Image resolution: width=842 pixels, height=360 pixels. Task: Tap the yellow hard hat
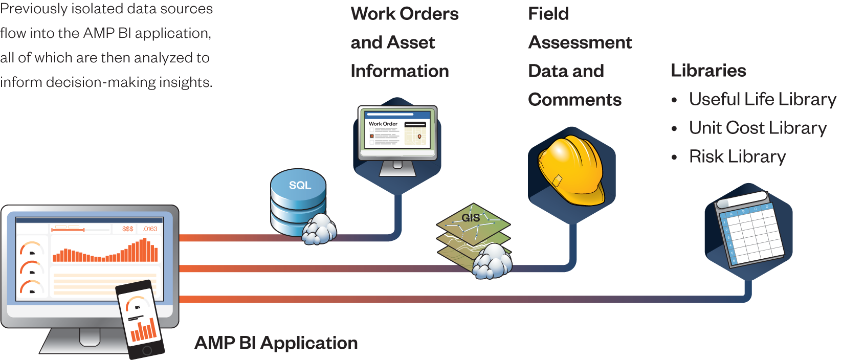pos(570,171)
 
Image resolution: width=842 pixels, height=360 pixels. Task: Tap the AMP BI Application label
pos(276,343)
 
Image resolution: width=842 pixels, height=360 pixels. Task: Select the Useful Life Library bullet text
pos(762,99)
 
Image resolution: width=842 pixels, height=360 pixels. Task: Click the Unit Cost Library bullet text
pos(758,128)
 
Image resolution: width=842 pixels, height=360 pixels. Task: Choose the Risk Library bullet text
pos(737,156)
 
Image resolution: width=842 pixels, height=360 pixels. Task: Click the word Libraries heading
pos(708,71)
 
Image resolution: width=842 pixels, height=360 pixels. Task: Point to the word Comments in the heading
pos(574,100)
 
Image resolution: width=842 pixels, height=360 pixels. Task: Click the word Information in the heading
pos(400,71)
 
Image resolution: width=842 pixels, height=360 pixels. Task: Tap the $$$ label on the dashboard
pos(127,229)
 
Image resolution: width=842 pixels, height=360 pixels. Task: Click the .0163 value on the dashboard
pos(150,229)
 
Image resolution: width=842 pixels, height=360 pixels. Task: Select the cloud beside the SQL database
pos(319,229)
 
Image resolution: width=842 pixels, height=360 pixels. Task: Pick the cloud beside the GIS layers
pos(492,261)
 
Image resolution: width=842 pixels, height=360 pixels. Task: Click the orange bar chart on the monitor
pos(105,251)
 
